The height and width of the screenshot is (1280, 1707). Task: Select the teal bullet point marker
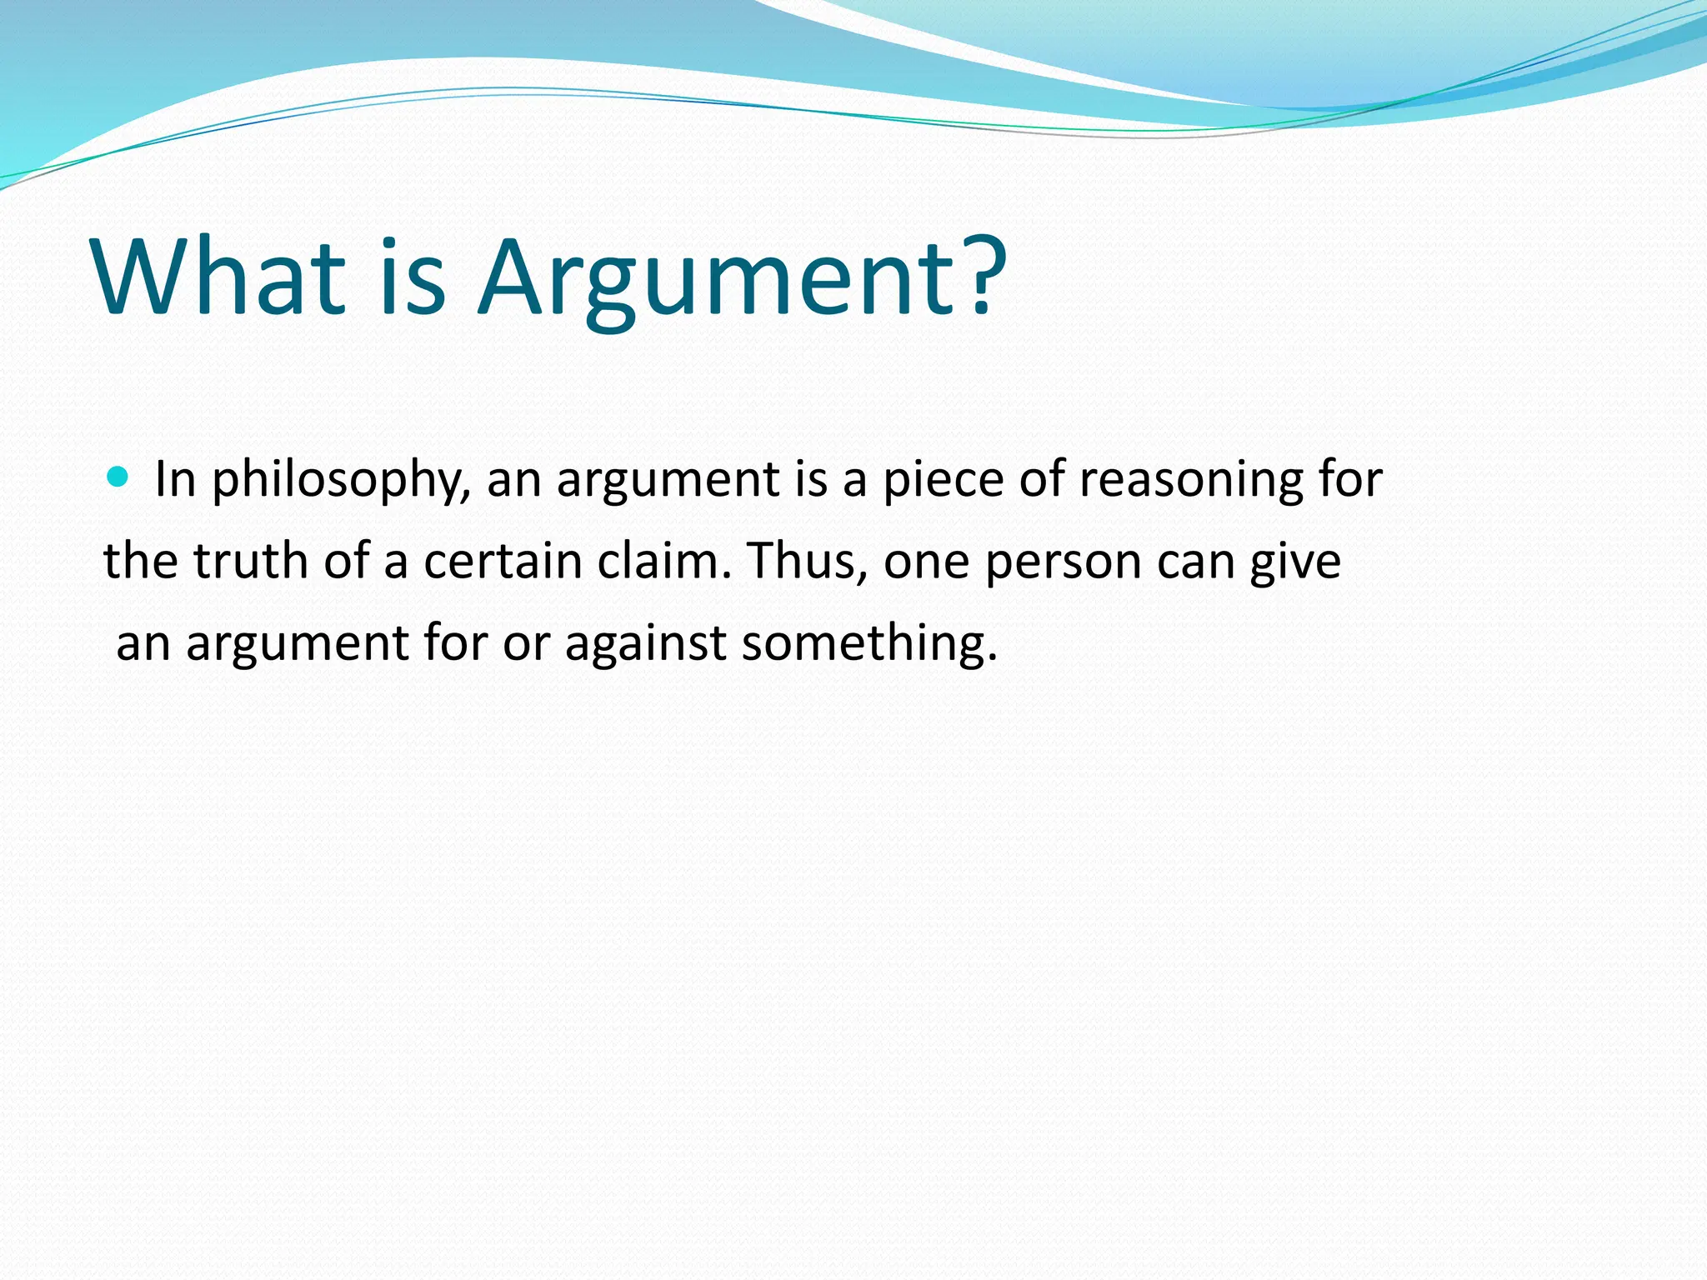118,477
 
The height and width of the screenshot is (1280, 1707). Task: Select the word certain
503,561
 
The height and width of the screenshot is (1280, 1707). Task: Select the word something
869,644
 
